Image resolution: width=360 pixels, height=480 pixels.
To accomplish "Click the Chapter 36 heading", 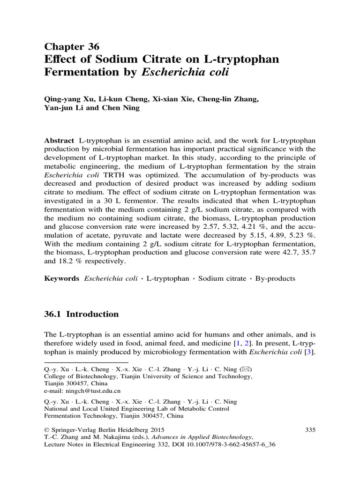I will [72, 46].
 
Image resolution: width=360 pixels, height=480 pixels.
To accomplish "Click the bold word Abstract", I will [59, 141].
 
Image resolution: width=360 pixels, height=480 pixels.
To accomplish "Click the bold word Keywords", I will [62, 278].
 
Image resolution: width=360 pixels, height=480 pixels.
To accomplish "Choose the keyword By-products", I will [274, 278].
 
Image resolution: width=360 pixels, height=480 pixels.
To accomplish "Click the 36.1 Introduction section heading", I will [82, 314].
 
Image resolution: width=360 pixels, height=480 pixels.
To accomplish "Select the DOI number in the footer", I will [230, 444].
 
